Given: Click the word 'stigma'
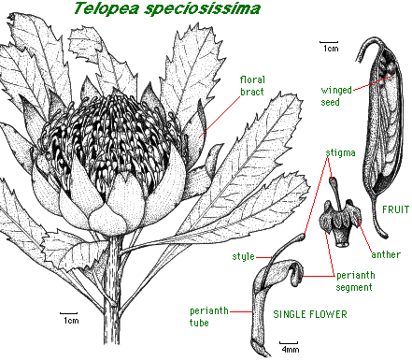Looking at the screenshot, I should click(x=340, y=150).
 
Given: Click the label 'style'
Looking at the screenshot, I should click(x=244, y=255).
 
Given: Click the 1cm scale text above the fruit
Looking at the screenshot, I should click(x=329, y=46).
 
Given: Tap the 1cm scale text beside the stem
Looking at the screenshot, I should click(x=70, y=320).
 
